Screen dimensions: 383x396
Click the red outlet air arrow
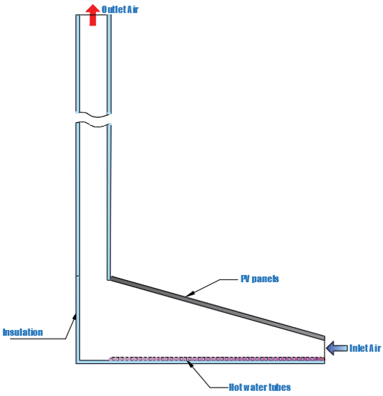point(93,15)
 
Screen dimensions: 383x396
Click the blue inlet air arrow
point(337,348)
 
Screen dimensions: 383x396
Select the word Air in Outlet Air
point(133,9)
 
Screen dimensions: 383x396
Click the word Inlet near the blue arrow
point(358,348)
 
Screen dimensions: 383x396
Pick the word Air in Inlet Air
point(374,348)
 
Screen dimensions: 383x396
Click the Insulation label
point(23,332)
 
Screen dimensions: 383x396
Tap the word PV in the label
point(245,279)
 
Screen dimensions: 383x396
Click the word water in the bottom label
point(255,387)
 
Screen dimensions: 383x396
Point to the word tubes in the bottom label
point(280,387)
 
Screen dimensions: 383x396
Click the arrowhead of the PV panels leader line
point(190,294)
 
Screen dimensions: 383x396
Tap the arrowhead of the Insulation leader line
point(74,316)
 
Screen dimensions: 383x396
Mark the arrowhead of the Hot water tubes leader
point(190,364)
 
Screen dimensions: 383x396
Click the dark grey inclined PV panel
point(218,308)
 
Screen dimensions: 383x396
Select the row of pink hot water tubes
point(217,359)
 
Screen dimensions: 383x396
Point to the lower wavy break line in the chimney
point(93,124)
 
